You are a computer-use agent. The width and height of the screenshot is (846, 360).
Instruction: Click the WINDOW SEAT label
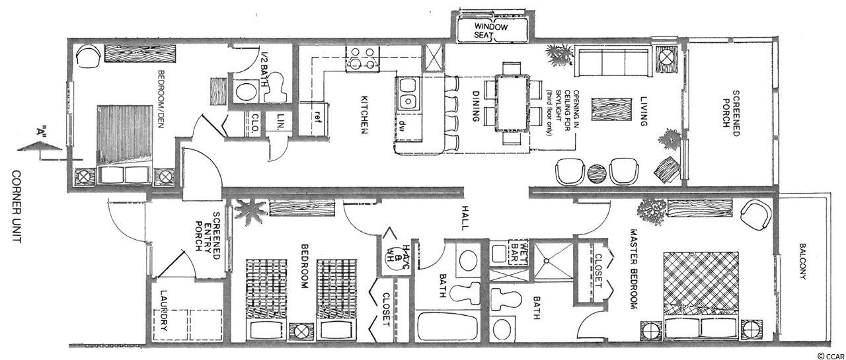click(490, 31)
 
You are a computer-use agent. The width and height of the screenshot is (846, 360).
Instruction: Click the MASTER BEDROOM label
click(634, 269)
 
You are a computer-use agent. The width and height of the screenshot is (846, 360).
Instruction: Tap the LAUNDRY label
click(163, 310)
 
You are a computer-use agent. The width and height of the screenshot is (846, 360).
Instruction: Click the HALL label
click(464, 218)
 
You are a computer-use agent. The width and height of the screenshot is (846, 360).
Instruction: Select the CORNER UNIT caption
click(17, 207)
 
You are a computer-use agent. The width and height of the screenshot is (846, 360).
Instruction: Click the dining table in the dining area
click(512, 103)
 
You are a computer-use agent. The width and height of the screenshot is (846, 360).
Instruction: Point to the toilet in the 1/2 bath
click(276, 87)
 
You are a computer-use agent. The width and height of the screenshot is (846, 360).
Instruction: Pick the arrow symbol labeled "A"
click(39, 145)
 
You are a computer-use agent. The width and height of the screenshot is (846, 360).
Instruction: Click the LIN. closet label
click(280, 122)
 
